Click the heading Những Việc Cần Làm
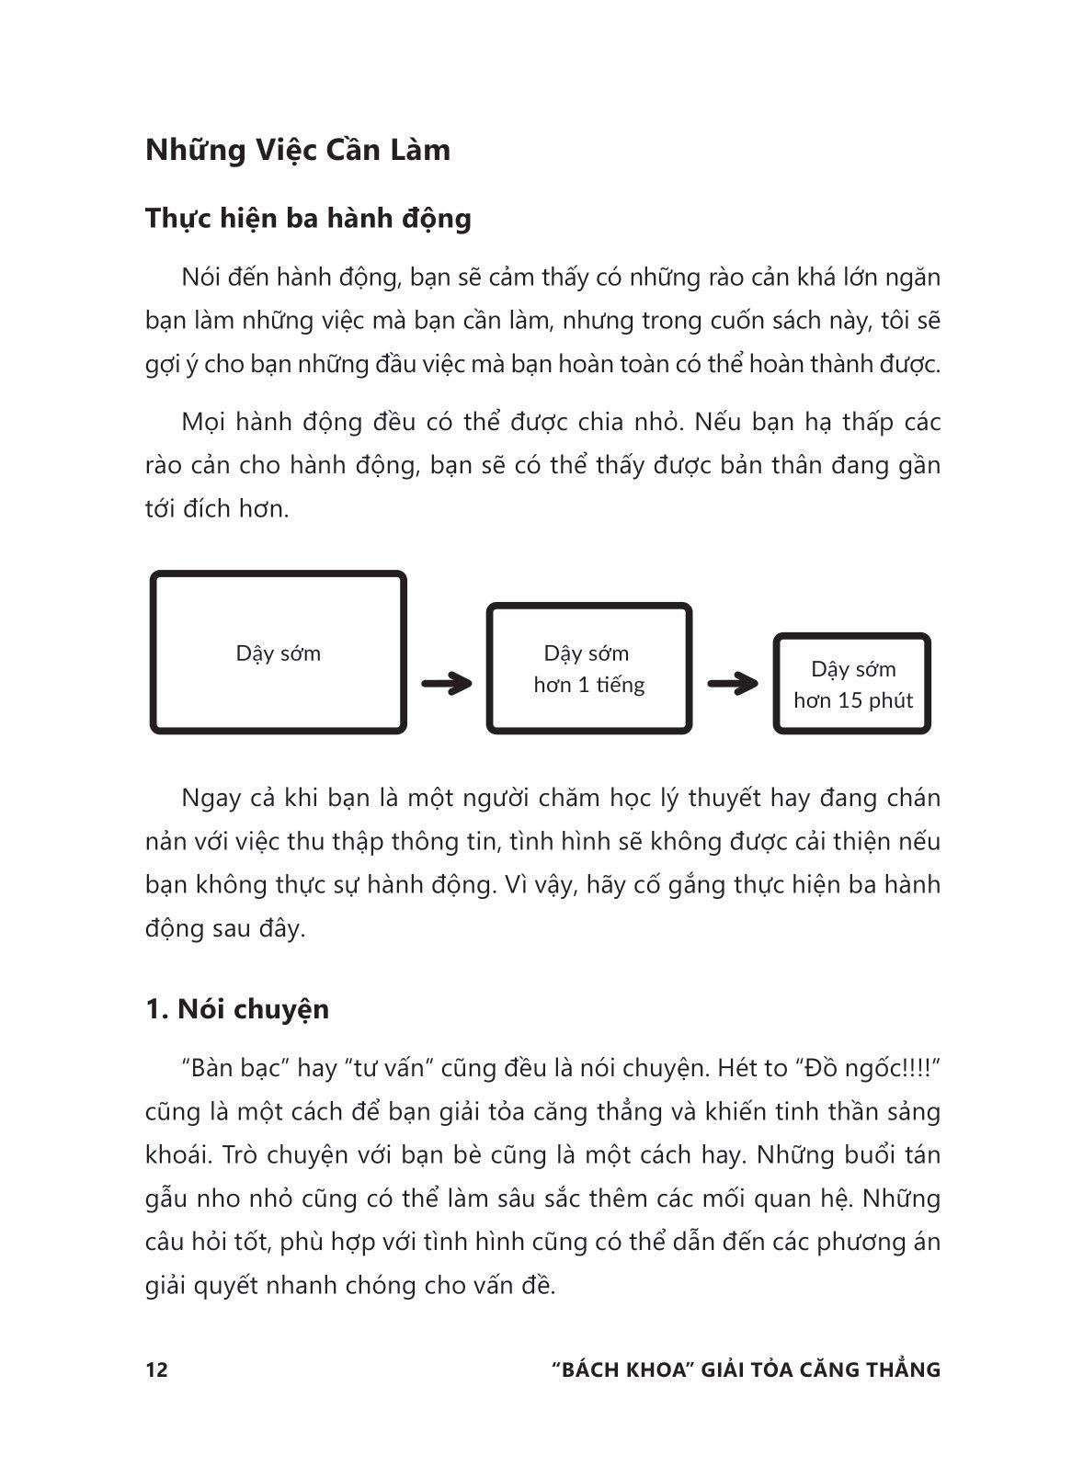click(x=298, y=150)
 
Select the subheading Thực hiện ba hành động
click(x=308, y=219)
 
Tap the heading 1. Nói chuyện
click(x=237, y=1008)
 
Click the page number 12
click(x=156, y=1369)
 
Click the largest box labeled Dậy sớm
click(x=278, y=653)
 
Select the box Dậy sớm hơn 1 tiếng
click(x=588, y=668)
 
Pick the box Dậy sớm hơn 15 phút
click(x=852, y=684)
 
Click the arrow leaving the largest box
click(x=446, y=683)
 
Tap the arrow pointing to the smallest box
click(x=732, y=683)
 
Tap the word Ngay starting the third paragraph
click(x=210, y=798)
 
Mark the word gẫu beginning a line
click(x=166, y=1199)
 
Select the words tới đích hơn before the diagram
click(x=217, y=508)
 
